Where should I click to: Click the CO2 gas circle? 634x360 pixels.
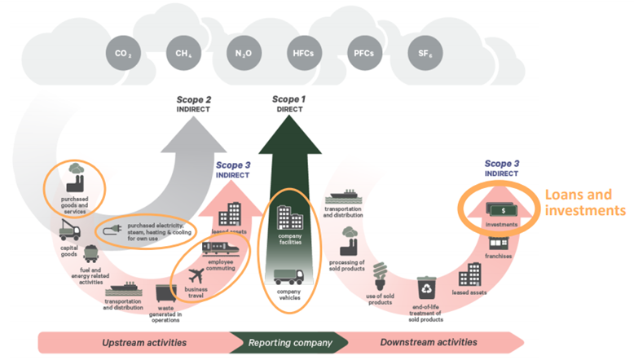pyautogui.click(x=121, y=55)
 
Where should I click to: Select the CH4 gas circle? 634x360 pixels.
pyautogui.click(x=183, y=55)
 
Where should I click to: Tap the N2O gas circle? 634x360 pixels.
pyautogui.click(x=244, y=55)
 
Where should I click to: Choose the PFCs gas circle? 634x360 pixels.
pyautogui.click(x=363, y=55)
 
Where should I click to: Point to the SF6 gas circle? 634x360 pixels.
pyautogui.click(x=424, y=55)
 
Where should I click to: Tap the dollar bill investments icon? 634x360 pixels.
pyautogui.click(x=497, y=209)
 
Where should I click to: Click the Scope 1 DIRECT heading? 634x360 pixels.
pyautogui.click(x=290, y=103)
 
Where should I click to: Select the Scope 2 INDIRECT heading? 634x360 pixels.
pyautogui.click(x=194, y=105)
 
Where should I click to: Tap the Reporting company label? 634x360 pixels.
pyautogui.click(x=290, y=341)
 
